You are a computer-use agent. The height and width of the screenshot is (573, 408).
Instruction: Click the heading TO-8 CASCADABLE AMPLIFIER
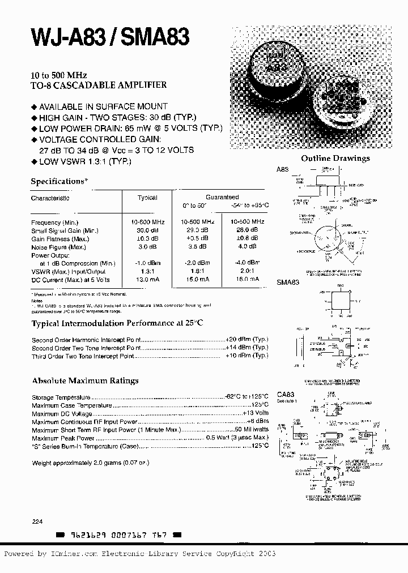click(98, 85)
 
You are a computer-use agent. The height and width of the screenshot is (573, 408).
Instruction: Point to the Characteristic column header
click(50, 198)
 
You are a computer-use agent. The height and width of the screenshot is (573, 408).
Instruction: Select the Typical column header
click(147, 198)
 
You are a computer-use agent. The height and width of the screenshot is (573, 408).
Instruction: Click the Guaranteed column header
click(222, 197)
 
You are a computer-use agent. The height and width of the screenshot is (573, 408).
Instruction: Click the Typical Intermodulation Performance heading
click(117, 323)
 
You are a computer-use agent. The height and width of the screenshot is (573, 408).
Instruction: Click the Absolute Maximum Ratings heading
click(85, 380)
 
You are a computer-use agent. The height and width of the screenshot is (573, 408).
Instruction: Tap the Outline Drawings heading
click(335, 159)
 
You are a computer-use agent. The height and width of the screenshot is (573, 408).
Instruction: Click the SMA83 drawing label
click(287, 282)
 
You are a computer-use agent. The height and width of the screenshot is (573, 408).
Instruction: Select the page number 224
click(37, 521)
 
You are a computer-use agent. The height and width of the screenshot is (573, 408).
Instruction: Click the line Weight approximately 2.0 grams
click(90, 463)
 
